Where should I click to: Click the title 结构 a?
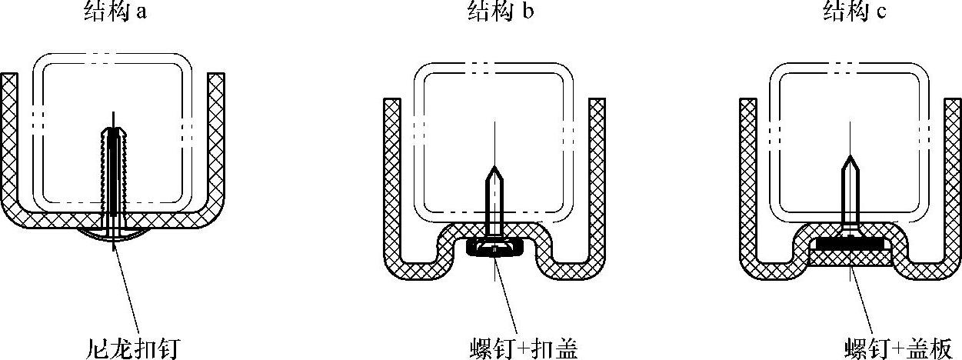point(115,12)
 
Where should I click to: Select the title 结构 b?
point(498,12)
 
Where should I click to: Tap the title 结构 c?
point(854,12)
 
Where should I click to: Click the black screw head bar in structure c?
point(850,243)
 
